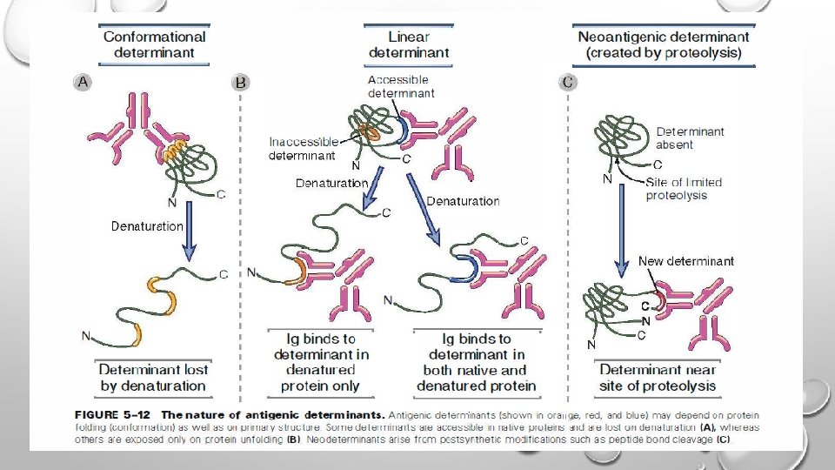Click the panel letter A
coord(83,82)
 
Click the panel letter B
coord(241,83)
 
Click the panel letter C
coord(568,82)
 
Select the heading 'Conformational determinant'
coord(155,44)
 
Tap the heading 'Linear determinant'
coord(408,44)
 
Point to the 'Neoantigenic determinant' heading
coord(664,44)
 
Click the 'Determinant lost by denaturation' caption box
coord(153,378)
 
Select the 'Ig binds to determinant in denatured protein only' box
coord(321,362)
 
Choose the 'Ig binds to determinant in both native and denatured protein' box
coord(476,362)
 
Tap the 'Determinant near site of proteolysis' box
coord(658,378)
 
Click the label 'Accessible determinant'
coord(401,86)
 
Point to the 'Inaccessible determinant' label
coord(304,149)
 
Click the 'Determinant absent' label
coord(690,138)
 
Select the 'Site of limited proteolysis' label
coord(684,189)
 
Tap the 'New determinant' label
coord(685,261)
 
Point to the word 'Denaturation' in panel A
coord(147,226)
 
